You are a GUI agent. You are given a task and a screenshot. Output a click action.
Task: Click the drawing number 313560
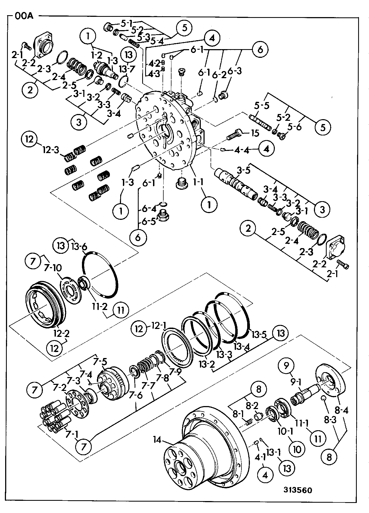pyautogui.click(x=298, y=490)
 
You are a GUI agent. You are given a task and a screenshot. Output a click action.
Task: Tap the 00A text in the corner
pyautogui.click(x=24, y=16)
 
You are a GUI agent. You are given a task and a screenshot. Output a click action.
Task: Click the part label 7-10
pyautogui.click(x=53, y=268)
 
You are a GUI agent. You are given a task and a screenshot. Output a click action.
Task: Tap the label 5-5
pyautogui.click(x=262, y=106)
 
